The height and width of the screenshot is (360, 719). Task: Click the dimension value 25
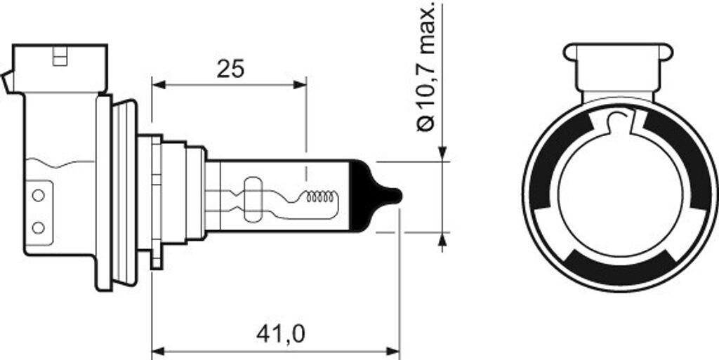(x=230, y=69)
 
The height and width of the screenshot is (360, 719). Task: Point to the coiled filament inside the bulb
(x=321, y=199)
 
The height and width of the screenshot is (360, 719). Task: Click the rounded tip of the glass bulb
(x=395, y=196)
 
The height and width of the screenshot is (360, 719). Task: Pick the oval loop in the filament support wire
(x=251, y=198)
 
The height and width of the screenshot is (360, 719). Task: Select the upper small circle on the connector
(x=39, y=193)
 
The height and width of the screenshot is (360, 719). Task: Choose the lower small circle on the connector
(x=39, y=227)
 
